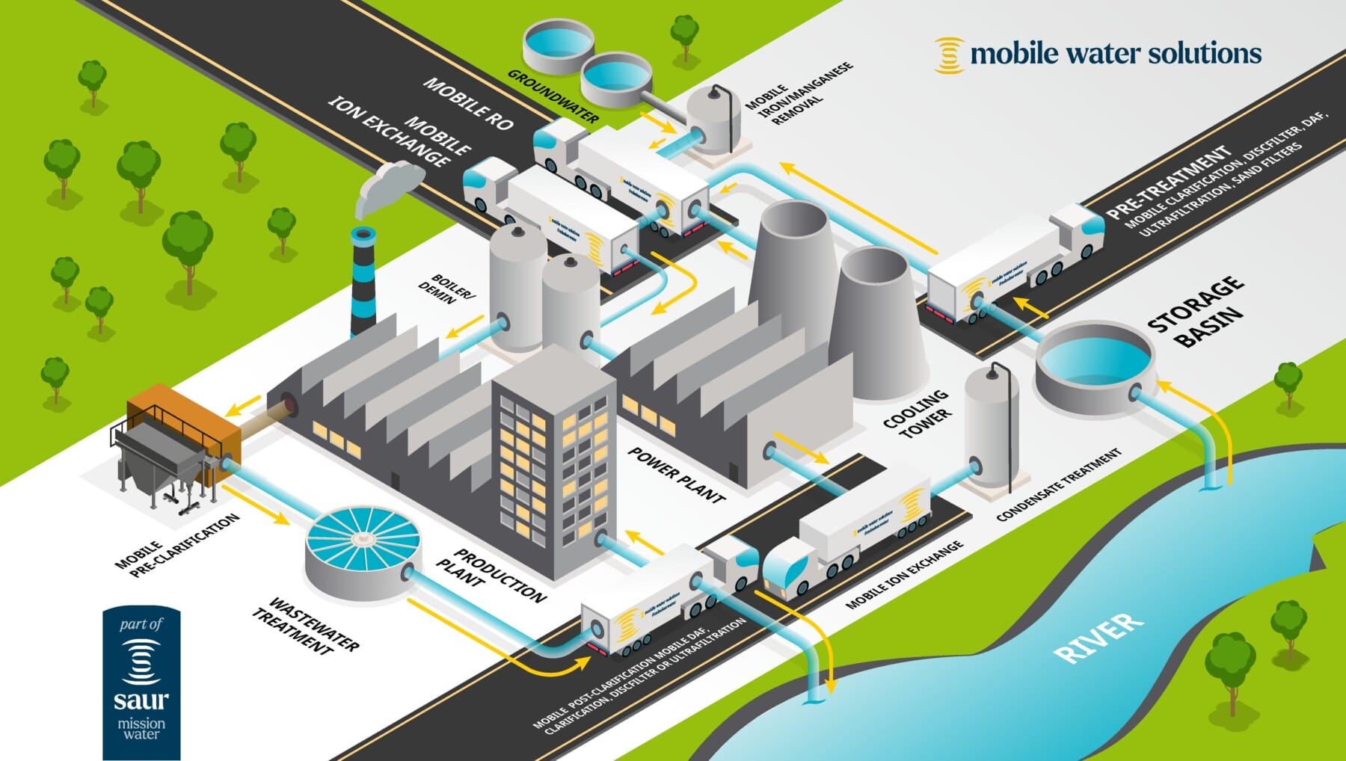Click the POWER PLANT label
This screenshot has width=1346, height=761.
coord(676,475)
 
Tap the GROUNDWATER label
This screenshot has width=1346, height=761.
coord(553,96)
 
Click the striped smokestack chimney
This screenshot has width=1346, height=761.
coord(363,280)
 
